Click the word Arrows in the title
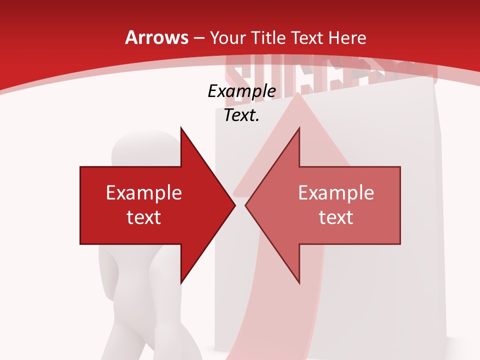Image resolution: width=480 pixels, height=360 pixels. pos(156,37)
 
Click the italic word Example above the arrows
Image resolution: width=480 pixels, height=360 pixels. pos(241,91)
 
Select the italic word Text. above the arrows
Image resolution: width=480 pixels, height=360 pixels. pos(241,115)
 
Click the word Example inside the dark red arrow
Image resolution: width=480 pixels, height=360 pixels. pos(144,193)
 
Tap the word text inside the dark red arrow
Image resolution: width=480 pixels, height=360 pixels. pos(144,217)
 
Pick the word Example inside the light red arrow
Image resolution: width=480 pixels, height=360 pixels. pos(336,193)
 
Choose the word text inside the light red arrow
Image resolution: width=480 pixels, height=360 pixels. pos(336,217)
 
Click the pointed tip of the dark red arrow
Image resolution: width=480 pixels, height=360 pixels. pos(233,205)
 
